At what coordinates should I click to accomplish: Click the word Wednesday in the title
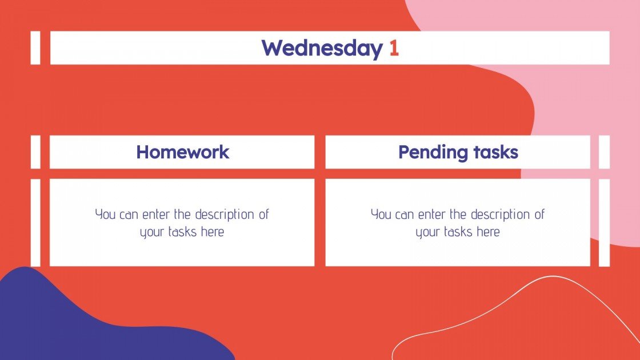tap(322, 49)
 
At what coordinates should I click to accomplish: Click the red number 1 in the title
tap(394, 49)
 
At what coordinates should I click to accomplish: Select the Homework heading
tap(182, 152)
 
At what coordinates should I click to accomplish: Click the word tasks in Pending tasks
tap(495, 152)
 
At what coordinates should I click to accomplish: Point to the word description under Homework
tap(226, 215)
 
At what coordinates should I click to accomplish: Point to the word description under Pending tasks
tap(502, 215)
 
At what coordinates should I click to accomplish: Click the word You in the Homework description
tap(105, 215)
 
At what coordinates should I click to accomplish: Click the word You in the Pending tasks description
tap(381, 215)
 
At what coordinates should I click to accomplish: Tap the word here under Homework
tap(212, 232)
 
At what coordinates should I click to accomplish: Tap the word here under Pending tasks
tap(488, 232)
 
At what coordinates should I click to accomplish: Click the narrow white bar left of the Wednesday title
tap(35, 48)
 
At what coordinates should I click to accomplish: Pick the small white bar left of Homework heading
tap(35, 152)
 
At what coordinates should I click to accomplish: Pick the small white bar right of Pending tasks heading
tap(604, 152)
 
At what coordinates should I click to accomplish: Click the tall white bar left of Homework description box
tap(35, 222)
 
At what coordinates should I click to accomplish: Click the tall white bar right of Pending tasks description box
tap(604, 222)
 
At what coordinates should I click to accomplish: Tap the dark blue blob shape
tap(86, 320)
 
